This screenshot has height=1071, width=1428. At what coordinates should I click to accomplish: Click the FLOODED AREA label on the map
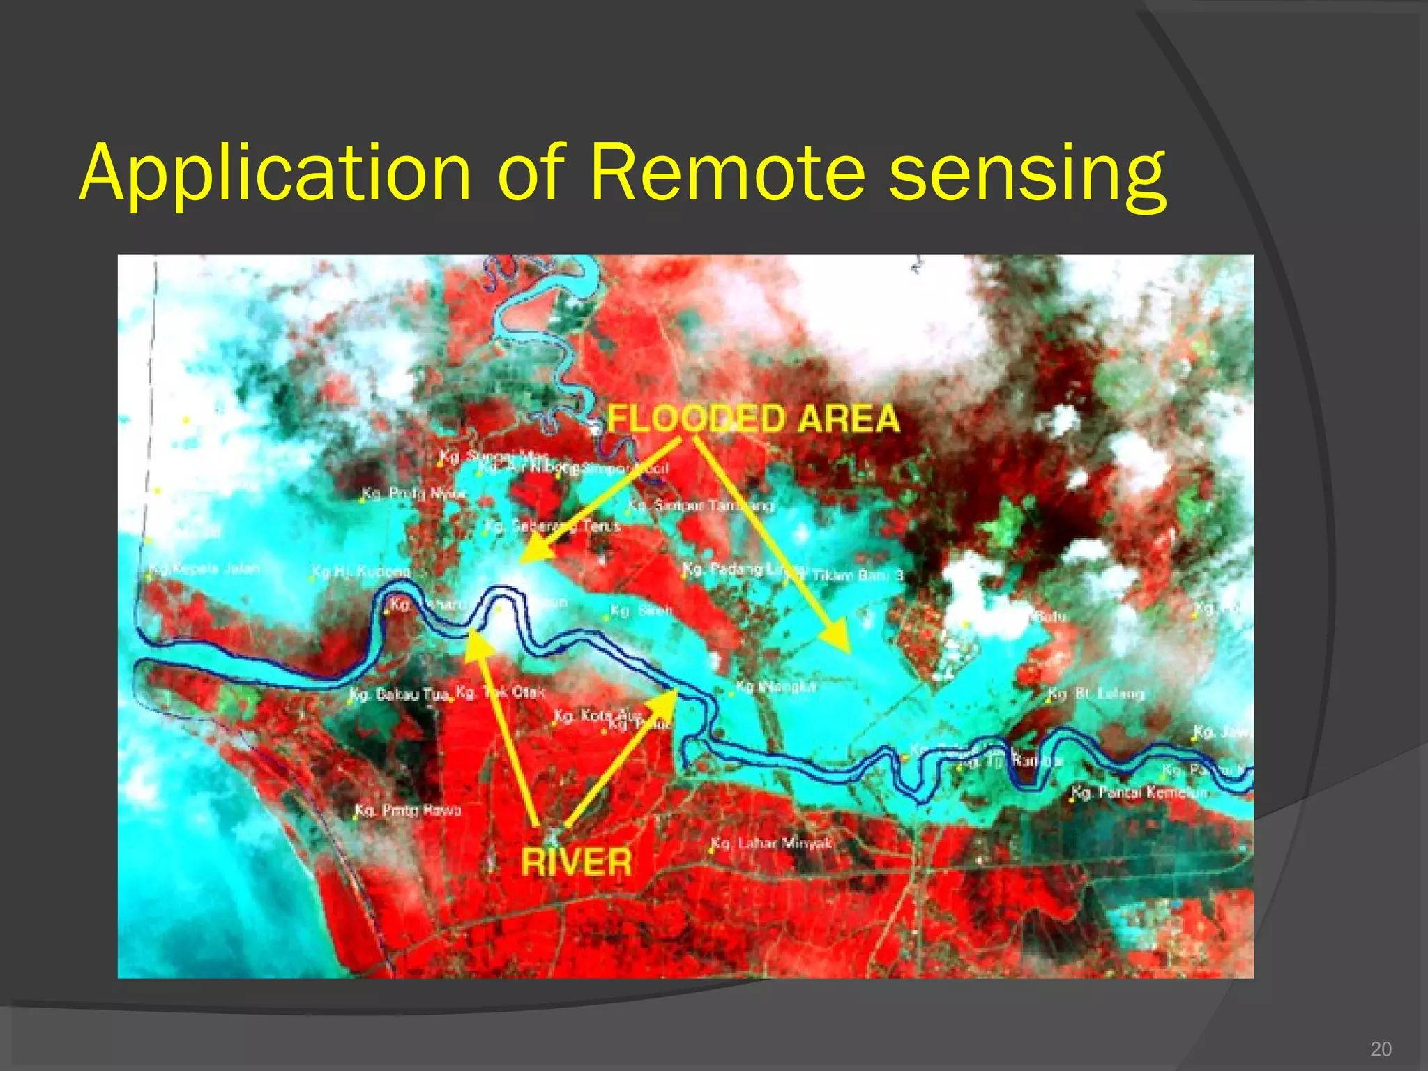pos(753,419)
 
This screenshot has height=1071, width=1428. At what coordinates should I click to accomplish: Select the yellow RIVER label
pos(577,862)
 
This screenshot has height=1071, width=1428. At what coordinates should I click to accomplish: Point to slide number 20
pos(1381,1049)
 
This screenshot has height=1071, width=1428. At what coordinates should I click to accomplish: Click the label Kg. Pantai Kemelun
pos(1138,793)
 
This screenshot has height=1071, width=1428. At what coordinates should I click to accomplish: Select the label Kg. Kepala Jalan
pos(204,569)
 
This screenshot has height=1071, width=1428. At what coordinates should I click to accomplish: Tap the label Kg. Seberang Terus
pos(552,526)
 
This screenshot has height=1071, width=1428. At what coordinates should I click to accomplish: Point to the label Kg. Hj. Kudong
pos(360,572)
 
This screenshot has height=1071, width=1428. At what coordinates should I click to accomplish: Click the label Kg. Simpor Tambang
pos(701,505)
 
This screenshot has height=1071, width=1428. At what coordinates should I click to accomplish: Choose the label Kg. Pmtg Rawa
pos(408,810)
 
